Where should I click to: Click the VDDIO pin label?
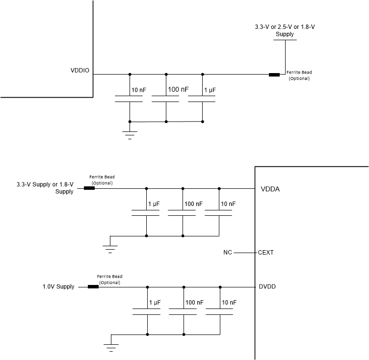(x=80, y=71)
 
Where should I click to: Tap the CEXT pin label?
(x=266, y=253)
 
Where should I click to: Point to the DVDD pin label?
(x=267, y=287)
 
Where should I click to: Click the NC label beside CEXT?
(x=227, y=253)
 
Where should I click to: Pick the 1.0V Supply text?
(x=58, y=287)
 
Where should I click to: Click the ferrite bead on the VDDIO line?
(x=274, y=75)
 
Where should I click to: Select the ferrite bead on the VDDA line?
(x=89, y=188)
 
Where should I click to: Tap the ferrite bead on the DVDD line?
(x=93, y=287)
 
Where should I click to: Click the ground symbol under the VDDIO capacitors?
(x=130, y=135)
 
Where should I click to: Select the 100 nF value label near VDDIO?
(x=178, y=90)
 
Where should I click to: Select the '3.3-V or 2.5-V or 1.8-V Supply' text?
(x=285, y=30)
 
